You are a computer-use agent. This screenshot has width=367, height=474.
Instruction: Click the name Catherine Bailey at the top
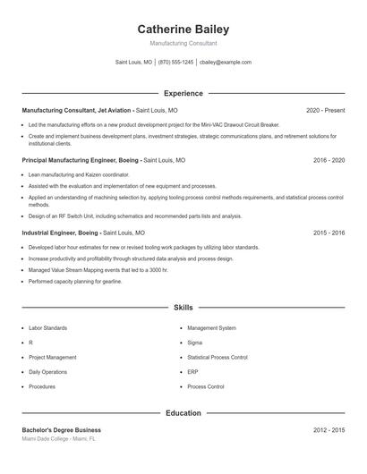click(183, 29)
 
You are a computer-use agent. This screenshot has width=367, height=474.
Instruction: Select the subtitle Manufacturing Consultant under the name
click(183, 43)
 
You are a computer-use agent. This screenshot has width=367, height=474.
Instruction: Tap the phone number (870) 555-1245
click(176, 63)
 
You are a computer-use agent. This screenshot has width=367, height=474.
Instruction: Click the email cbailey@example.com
click(226, 63)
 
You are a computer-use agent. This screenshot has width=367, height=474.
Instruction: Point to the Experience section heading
click(183, 93)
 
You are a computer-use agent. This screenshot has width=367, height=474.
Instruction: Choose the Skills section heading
click(183, 308)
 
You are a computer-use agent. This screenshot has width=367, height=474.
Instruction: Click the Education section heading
click(183, 413)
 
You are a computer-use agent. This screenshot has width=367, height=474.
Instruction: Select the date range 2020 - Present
click(325, 110)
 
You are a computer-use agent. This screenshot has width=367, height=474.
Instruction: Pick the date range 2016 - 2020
click(329, 160)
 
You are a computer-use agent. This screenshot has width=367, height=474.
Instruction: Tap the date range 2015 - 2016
click(329, 233)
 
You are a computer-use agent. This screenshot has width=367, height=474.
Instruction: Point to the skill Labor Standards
click(47, 328)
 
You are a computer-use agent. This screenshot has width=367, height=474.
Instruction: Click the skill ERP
click(193, 372)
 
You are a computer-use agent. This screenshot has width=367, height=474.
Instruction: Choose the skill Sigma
click(195, 343)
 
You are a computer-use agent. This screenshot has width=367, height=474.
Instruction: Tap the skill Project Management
click(52, 357)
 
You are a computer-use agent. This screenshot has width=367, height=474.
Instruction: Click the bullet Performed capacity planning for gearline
click(75, 282)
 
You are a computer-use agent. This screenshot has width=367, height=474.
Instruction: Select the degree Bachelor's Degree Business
click(61, 430)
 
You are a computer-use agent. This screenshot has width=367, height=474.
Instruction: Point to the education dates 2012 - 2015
click(329, 430)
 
